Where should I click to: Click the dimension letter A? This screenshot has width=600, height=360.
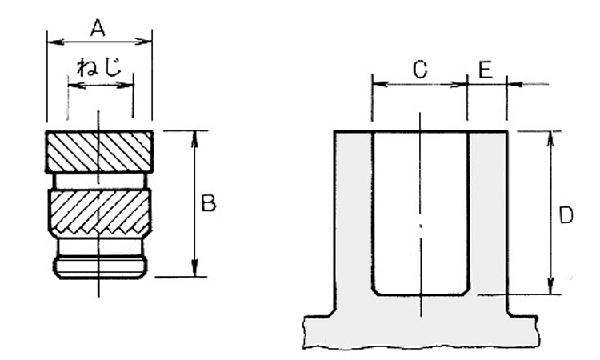[98, 28]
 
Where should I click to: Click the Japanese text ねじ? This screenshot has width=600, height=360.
[99, 67]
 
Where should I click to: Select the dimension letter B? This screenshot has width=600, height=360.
[209, 203]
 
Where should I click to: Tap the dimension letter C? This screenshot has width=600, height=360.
[420, 70]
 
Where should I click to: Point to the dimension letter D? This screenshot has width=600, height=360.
[566, 214]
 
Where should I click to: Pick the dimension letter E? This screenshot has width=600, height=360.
[486, 70]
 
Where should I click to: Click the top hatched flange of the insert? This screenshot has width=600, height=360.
[99, 151]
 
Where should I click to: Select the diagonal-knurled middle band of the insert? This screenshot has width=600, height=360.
[99, 211]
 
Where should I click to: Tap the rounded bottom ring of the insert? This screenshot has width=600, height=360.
[99, 267]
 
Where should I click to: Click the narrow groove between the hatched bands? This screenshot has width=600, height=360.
[99, 181]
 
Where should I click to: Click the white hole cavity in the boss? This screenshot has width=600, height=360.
[421, 213]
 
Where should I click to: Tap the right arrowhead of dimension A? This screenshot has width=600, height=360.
[144, 42]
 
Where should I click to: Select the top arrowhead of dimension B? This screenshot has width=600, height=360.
[194, 138]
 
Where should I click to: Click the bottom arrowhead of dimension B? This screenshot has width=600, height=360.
[194, 268]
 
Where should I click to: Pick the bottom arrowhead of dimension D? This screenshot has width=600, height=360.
[550, 286]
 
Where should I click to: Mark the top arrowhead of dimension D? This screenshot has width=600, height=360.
[550, 139]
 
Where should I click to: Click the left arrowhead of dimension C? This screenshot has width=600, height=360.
[380, 84]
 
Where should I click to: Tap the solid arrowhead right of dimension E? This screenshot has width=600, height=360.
[514, 84]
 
